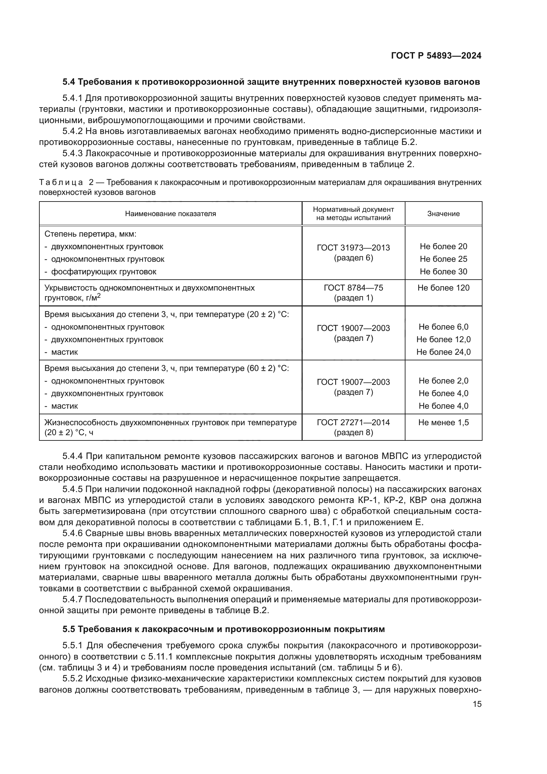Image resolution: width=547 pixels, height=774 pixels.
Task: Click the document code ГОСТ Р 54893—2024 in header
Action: (436, 56)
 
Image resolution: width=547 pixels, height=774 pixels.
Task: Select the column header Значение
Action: (443, 214)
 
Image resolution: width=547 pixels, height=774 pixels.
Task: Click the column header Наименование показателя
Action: (170, 214)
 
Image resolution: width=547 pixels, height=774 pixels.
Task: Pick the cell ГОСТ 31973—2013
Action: (353, 248)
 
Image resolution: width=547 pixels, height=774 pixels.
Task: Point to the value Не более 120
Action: (443, 288)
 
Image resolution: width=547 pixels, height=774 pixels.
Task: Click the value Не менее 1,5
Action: (443, 423)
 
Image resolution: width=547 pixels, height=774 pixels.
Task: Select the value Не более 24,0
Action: (443, 352)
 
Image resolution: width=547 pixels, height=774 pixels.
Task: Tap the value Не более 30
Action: (443, 272)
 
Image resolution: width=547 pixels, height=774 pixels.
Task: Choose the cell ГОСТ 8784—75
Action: (353, 288)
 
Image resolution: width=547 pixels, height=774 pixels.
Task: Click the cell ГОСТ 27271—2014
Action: (353, 423)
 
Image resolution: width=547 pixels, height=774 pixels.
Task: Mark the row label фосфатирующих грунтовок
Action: (104, 272)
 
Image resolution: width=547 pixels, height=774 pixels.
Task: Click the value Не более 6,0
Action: (443, 327)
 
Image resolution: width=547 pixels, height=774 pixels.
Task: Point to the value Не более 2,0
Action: (443, 381)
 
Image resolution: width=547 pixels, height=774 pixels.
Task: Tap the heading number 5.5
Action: (69, 629)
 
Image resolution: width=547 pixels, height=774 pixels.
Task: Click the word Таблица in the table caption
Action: (61, 183)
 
